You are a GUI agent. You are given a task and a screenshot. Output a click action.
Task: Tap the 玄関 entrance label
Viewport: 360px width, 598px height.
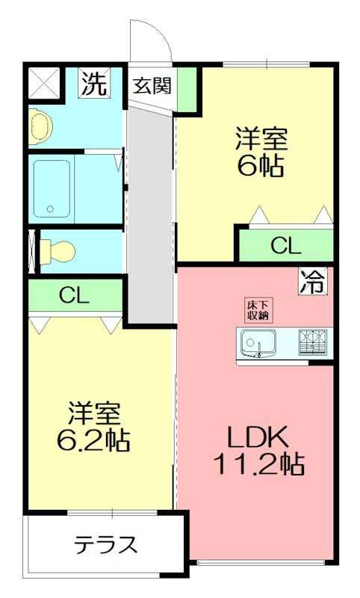click(x=152, y=85)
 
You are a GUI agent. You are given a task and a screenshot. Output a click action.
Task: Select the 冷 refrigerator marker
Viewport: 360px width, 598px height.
click(x=313, y=281)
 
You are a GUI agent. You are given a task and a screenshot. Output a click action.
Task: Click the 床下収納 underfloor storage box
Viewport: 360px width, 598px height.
click(x=258, y=310)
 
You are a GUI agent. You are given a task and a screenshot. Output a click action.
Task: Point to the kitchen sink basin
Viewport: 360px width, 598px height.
click(x=258, y=342)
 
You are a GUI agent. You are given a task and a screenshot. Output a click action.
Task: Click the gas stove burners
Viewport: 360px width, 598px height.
click(x=313, y=342)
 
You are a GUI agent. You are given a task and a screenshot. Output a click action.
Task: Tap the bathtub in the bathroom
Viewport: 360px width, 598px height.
click(x=52, y=188)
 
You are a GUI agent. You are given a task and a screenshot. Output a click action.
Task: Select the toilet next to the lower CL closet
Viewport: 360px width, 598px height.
click(x=58, y=251)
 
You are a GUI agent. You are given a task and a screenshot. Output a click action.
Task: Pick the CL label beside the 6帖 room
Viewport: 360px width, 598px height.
click(x=286, y=246)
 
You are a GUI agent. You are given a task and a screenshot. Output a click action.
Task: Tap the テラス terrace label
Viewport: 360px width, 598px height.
click(x=105, y=544)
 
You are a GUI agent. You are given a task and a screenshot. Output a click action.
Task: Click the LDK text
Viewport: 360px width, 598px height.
click(x=258, y=437)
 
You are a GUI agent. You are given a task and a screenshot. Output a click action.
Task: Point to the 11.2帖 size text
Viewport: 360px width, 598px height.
click(x=258, y=463)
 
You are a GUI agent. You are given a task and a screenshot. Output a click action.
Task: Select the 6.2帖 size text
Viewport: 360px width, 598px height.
click(x=93, y=439)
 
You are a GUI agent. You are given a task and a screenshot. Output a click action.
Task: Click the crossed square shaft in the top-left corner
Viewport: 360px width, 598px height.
click(x=44, y=82)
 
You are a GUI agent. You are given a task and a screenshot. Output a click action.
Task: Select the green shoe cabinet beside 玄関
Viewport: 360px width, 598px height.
click(x=187, y=89)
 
